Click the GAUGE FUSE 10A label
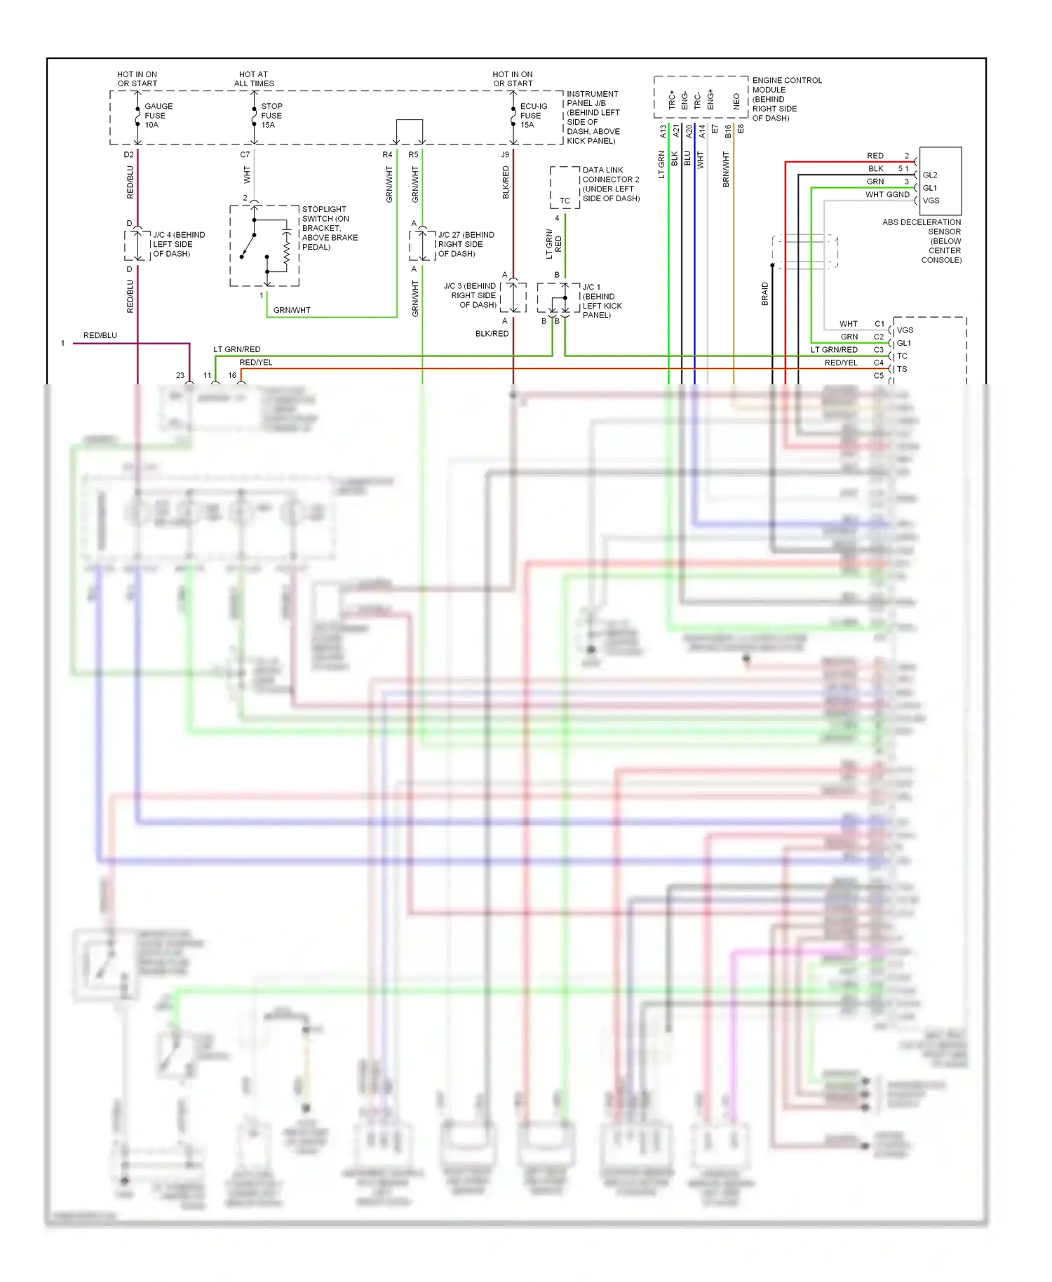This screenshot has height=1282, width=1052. (158, 116)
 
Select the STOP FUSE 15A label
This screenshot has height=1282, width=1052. (271, 116)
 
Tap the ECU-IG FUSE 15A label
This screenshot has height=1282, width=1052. (533, 116)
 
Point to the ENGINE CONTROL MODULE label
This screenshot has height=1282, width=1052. (786, 99)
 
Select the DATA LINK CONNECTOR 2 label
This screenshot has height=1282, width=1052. (610, 184)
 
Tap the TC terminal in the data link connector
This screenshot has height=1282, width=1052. (565, 201)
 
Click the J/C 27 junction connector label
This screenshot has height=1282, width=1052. (465, 244)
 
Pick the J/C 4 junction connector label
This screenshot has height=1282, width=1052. (178, 244)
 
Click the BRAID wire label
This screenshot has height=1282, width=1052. (765, 294)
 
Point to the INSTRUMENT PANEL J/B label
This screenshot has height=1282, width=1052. (593, 117)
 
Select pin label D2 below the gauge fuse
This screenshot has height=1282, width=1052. (128, 154)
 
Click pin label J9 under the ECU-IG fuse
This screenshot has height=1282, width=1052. (505, 154)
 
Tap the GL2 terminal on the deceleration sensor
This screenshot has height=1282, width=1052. (930, 175)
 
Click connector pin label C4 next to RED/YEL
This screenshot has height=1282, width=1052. (879, 363)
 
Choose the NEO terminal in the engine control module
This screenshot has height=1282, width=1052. (736, 101)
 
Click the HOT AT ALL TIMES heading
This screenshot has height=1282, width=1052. (253, 79)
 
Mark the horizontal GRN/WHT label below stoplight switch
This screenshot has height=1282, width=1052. (292, 310)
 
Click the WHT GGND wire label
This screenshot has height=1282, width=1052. (886, 195)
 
